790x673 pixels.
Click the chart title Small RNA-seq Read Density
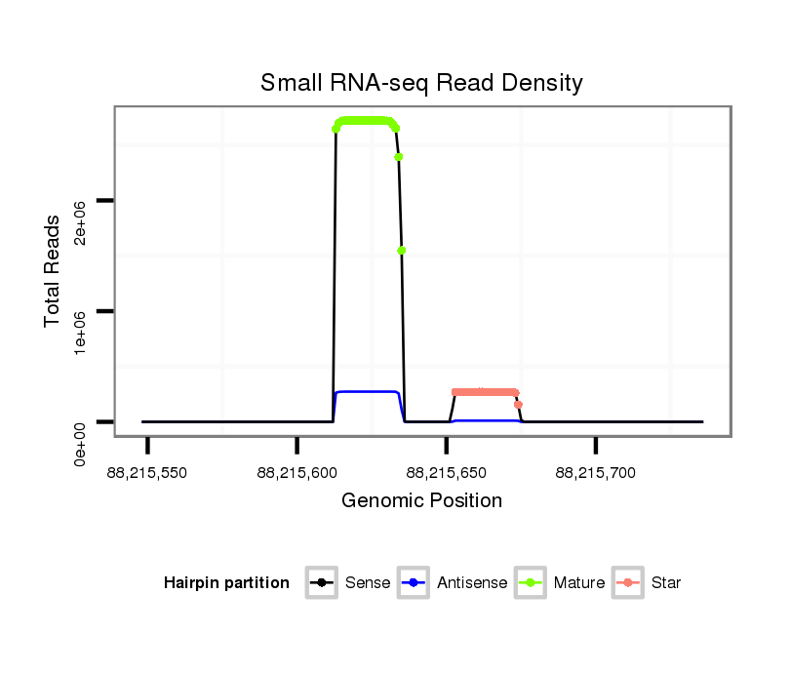point(421,83)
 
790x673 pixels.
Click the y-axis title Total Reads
point(53,271)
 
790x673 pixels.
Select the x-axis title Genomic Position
point(421,500)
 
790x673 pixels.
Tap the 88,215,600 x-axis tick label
point(296,473)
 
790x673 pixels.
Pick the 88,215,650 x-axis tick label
point(446,473)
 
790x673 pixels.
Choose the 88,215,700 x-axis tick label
point(595,473)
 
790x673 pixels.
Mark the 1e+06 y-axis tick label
point(82,334)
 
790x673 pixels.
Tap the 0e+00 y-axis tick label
point(82,445)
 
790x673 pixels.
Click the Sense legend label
point(368,583)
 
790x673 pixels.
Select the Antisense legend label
point(472,583)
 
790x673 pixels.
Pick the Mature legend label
point(578,583)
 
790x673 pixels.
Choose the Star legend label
point(666,583)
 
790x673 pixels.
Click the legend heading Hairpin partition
point(226,583)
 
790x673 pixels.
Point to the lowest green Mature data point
point(402,251)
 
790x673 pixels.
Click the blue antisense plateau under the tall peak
point(367,391)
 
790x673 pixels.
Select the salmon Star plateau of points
point(485,392)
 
